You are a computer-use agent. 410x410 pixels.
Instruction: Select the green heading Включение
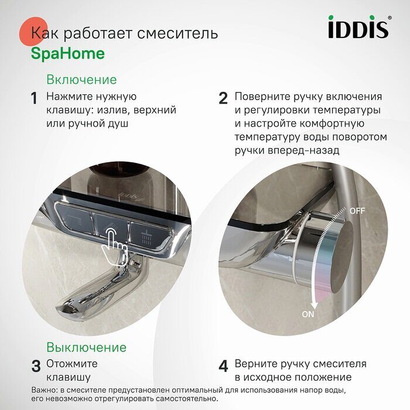[81, 80]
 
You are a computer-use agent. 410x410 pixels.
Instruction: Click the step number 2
[223, 98]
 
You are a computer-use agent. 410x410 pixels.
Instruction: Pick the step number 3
[36, 367]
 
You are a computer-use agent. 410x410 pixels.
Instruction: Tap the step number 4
[223, 367]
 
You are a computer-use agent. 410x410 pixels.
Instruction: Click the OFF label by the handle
[357, 210]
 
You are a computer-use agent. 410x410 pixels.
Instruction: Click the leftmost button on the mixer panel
[74, 220]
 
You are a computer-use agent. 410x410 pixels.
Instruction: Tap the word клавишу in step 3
[69, 377]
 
